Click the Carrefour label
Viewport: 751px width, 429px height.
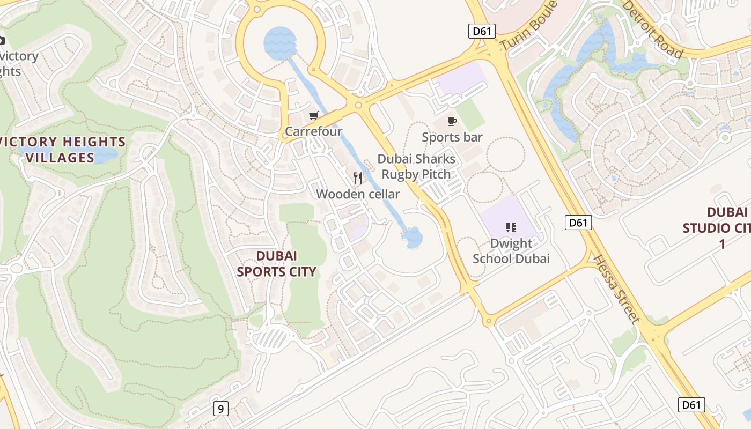(x=313, y=131)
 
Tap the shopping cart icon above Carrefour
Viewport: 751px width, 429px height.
(x=314, y=115)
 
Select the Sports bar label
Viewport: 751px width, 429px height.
(x=452, y=137)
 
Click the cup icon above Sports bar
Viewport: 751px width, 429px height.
(x=452, y=121)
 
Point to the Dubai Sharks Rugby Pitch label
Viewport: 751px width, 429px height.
(x=416, y=167)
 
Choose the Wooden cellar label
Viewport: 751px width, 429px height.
(x=358, y=194)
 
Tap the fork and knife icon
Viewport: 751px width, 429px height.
(x=358, y=178)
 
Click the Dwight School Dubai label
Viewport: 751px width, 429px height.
(x=511, y=251)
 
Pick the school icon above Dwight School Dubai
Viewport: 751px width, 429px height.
(x=511, y=227)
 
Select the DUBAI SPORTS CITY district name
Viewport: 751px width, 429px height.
(x=276, y=264)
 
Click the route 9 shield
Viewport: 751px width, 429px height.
(x=220, y=409)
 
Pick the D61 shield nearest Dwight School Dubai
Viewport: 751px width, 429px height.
(x=578, y=222)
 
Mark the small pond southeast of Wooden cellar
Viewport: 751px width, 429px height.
(x=413, y=237)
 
